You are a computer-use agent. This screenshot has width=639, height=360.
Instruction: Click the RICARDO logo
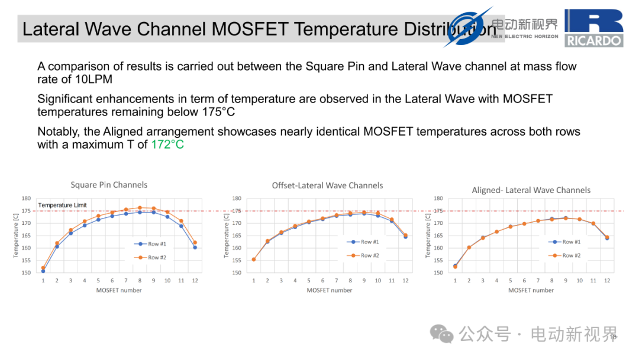(594, 28)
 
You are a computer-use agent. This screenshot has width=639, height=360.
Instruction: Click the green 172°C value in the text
(167, 144)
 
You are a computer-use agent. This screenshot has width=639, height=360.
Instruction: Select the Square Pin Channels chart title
(109, 185)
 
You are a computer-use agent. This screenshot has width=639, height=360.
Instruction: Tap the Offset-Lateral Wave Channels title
(327, 185)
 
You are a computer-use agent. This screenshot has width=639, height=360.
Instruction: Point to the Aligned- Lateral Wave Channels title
(531, 190)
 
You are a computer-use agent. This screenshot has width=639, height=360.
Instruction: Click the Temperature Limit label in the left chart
(62, 205)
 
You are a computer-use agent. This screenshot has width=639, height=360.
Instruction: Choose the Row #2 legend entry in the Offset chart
(363, 256)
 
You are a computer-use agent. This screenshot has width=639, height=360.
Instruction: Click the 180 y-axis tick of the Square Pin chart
(26, 198)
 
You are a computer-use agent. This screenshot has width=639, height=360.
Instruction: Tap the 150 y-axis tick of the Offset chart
(237, 273)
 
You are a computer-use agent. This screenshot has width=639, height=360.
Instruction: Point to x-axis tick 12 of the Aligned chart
(607, 281)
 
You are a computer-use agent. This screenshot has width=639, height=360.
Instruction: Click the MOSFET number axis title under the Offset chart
(330, 290)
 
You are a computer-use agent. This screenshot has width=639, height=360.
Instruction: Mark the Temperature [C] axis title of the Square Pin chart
(16, 236)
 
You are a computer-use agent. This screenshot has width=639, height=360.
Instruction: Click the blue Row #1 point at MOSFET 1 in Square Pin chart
(43, 271)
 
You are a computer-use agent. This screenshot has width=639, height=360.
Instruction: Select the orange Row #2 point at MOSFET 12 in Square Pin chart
(195, 243)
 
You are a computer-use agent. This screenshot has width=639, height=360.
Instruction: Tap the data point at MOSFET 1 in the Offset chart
(254, 259)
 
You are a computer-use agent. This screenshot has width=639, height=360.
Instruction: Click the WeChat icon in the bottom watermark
(442, 334)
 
